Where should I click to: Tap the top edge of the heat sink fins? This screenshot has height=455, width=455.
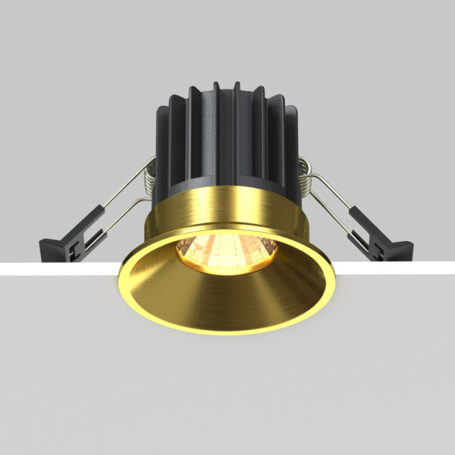(224, 83)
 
